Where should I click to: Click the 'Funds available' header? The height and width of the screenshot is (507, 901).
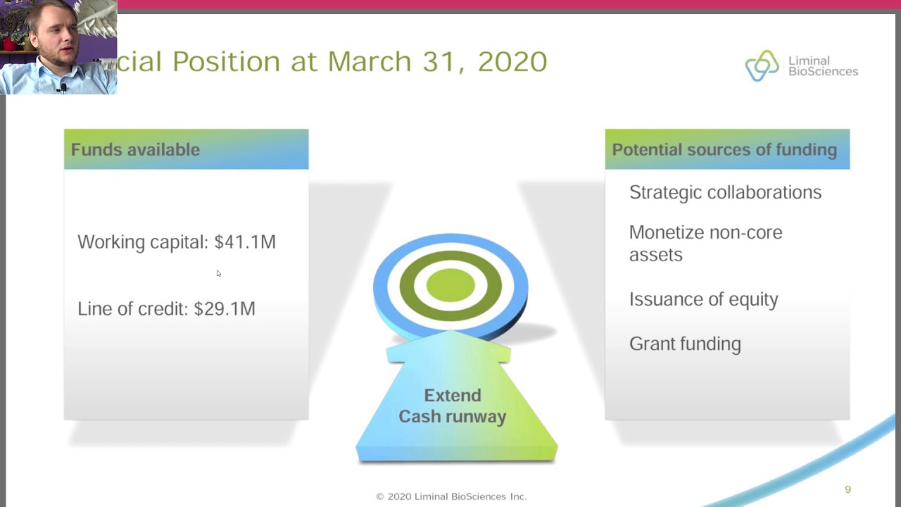tap(135, 149)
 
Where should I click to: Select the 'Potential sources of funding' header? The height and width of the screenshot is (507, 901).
tap(724, 149)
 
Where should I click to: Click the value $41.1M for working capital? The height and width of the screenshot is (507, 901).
tap(245, 242)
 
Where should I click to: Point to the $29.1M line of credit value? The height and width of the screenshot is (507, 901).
tap(225, 308)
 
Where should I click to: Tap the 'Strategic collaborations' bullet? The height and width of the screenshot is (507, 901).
tap(725, 192)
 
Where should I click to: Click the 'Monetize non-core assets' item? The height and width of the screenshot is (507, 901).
tap(705, 243)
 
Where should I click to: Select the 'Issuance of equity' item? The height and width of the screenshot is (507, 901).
tap(703, 299)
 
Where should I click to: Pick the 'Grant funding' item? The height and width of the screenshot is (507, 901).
tap(685, 344)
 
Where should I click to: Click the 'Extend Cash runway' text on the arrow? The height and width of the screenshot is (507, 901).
tap(453, 406)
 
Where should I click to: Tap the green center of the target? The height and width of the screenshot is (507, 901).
tap(450, 285)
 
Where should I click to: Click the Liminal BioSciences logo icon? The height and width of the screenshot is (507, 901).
tap(762, 66)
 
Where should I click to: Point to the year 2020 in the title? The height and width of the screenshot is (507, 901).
tap(512, 62)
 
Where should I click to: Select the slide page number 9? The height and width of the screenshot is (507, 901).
tap(848, 489)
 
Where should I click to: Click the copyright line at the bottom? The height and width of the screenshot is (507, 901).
tap(451, 496)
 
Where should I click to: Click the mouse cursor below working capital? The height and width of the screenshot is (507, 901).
tap(218, 273)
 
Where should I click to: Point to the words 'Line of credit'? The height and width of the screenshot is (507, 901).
tap(132, 308)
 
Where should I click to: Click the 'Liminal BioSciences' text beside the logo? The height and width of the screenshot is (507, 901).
tap(823, 66)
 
